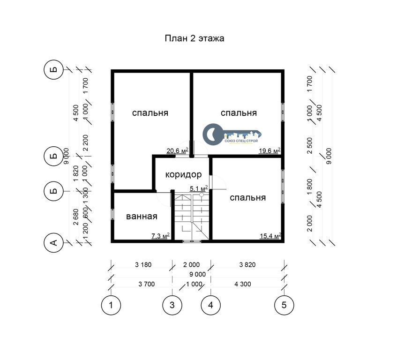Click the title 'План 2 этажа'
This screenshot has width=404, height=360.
195,38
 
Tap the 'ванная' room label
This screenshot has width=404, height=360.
142,216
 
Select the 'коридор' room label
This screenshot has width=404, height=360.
183,174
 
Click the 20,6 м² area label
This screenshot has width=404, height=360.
177,150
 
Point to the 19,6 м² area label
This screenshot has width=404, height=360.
269,150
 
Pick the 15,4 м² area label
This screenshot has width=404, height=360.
270,235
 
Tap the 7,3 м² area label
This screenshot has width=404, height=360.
160,235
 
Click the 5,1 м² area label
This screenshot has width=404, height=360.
199,188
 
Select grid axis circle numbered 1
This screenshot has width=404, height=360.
111,305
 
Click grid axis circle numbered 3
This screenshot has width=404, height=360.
172,305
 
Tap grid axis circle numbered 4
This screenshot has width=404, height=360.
211,305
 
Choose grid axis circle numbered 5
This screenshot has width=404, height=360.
284,305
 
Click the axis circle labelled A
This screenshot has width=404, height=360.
54,243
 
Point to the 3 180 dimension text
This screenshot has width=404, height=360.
143,265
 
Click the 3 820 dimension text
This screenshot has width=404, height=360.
247,265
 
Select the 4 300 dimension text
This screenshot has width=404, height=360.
243,284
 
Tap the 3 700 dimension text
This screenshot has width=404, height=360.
147,284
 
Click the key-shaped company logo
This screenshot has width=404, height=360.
232,134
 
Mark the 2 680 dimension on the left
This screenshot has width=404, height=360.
76,217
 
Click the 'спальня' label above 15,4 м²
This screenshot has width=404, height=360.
247,198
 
